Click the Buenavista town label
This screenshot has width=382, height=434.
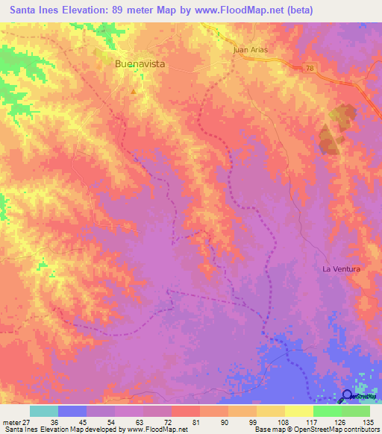click(140, 65)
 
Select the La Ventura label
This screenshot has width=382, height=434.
click(341, 268)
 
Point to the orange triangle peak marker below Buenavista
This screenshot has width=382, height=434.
click(134, 92)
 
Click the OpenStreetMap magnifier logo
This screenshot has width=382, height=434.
click(348, 396)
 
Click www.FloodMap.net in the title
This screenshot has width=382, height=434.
click(229, 10)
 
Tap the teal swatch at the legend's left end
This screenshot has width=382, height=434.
click(43, 411)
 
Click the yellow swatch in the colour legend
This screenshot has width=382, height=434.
click(298, 411)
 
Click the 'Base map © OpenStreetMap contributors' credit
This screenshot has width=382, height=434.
click(316, 430)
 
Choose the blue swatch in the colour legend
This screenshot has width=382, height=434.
click(72, 411)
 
